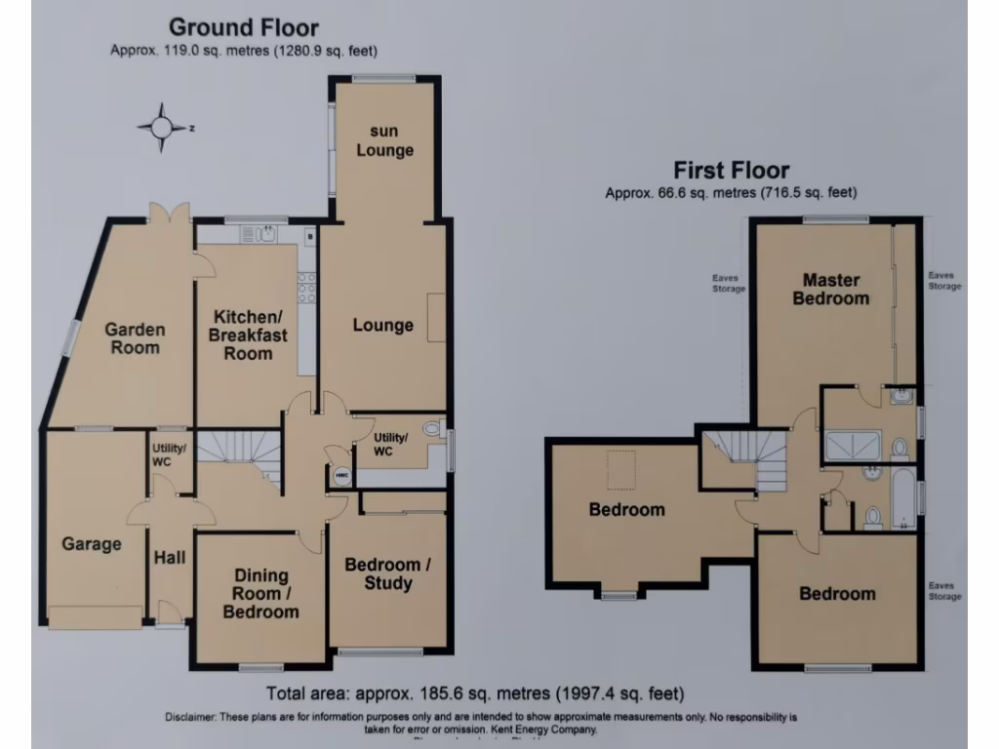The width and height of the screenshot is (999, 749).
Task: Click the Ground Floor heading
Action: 243,27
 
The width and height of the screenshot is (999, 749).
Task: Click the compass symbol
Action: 162,127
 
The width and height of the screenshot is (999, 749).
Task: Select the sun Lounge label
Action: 384,141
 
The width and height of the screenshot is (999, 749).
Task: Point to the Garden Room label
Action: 135,338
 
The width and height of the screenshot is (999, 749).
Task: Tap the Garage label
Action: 92,544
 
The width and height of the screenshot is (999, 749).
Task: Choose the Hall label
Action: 171,557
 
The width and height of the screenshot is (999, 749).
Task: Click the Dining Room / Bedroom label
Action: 260,593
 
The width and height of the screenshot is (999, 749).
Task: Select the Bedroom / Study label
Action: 387,574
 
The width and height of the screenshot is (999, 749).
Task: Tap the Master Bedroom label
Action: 830,290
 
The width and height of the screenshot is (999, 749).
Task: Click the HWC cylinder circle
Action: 341,476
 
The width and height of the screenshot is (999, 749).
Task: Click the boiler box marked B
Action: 308,235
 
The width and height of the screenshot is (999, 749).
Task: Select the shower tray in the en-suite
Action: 854,448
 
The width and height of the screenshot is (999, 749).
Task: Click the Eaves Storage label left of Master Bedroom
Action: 729,283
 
